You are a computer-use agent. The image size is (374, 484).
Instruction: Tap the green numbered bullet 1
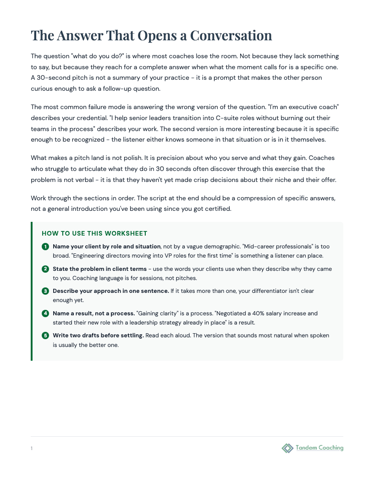coord(45,247)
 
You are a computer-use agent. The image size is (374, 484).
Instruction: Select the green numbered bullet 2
coord(45,269)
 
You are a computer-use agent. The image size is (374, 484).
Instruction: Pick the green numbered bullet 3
coord(45,291)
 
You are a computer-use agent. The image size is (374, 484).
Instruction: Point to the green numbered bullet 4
coord(45,313)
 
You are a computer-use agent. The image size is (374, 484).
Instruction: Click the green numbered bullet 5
coord(45,335)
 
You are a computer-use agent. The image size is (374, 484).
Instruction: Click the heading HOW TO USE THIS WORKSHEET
coord(94,233)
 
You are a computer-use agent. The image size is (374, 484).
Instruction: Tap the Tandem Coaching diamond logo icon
coord(287,448)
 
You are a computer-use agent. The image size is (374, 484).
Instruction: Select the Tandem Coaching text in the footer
coord(319,448)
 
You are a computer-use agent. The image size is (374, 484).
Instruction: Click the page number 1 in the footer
coord(32,448)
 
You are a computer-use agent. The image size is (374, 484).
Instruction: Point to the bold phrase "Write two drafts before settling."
coord(98,335)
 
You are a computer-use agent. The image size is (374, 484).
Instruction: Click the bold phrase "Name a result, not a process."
coord(94,313)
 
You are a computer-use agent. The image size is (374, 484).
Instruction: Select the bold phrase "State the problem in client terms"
coord(99,269)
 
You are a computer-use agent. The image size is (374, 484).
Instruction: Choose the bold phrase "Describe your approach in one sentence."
coord(111,291)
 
